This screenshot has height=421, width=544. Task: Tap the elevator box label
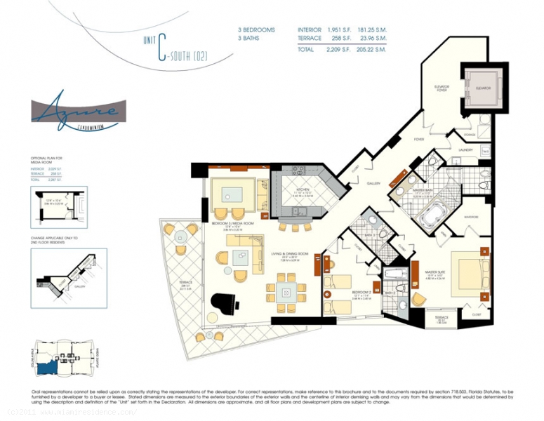pos(482,88)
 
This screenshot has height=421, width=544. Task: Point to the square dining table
pos(286,292)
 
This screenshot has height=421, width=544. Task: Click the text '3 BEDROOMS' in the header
pos(256,29)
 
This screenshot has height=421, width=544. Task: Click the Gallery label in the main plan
pos(373,183)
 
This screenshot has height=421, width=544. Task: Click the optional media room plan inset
pos(59,208)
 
